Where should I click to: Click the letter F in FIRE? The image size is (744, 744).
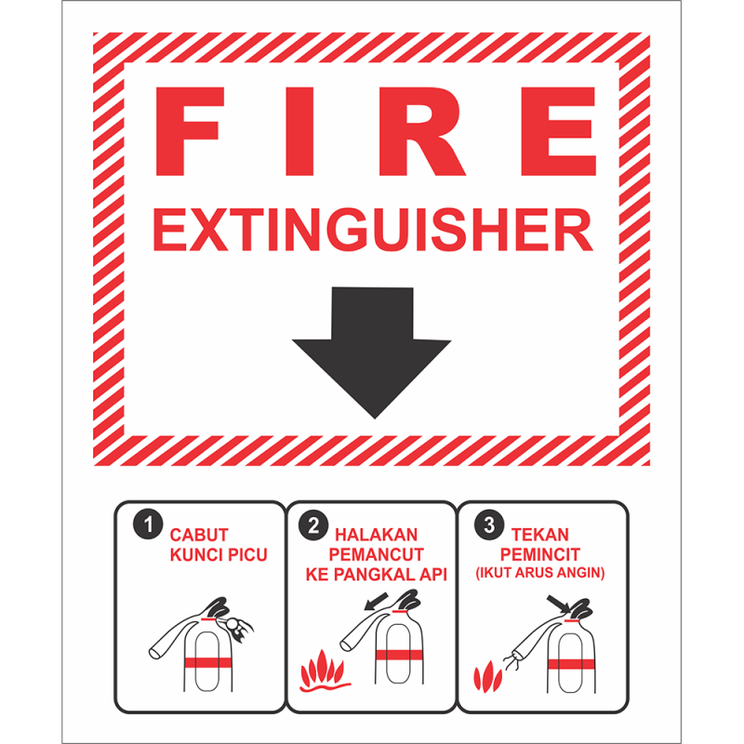[x=189, y=131]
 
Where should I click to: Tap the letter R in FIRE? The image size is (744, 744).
[x=421, y=131]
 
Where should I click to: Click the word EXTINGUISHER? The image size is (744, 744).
[x=373, y=230]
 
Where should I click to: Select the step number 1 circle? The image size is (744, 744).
[x=149, y=525]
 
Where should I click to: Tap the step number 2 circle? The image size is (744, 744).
[x=313, y=525]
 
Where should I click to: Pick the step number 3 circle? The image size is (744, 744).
[x=489, y=525]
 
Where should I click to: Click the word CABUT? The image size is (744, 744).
[x=199, y=535]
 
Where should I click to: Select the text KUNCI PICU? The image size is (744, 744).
[x=219, y=554]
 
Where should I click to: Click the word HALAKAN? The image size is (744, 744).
[x=377, y=535]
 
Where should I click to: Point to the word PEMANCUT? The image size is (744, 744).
[x=377, y=554]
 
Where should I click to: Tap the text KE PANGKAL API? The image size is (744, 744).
[x=377, y=575]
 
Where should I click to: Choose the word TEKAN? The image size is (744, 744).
[x=540, y=535]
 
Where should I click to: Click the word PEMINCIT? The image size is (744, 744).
[x=540, y=554]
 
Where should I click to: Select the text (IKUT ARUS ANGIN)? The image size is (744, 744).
[x=540, y=573]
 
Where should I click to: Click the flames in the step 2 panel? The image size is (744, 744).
[x=324, y=671]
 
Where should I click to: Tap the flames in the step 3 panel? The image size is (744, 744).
[x=487, y=677]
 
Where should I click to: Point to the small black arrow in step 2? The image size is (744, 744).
[x=377, y=601]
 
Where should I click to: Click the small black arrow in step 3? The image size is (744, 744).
[x=559, y=604]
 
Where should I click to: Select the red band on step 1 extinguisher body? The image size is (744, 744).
[x=207, y=662]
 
